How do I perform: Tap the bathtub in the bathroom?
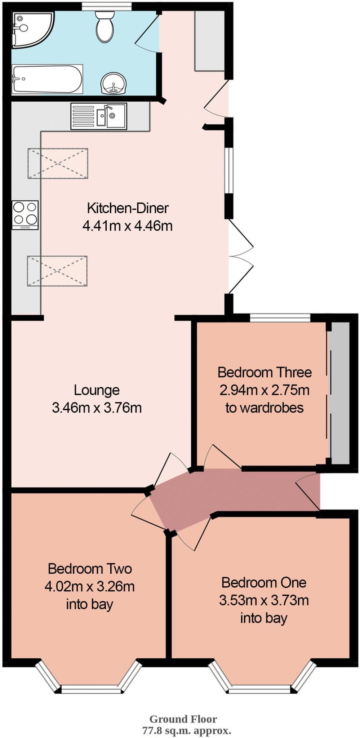point(47,79)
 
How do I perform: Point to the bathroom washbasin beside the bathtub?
point(113,83)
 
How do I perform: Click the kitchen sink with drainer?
point(99,116)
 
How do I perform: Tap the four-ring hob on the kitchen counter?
point(25,215)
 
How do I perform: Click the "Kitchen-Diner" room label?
point(128,208)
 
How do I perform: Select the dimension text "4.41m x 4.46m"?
point(128,226)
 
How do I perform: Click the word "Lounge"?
point(97,390)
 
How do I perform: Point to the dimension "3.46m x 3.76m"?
point(97,408)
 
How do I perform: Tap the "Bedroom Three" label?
point(265,372)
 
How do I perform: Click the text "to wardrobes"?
point(265,408)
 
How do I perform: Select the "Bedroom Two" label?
point(90,569)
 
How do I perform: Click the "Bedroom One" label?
point(264,582)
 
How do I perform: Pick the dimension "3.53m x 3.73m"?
point(264,600)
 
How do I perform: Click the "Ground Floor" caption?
point(183,719)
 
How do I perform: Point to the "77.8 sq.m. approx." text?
point(186,730)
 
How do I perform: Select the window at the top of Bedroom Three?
point(280,318)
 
